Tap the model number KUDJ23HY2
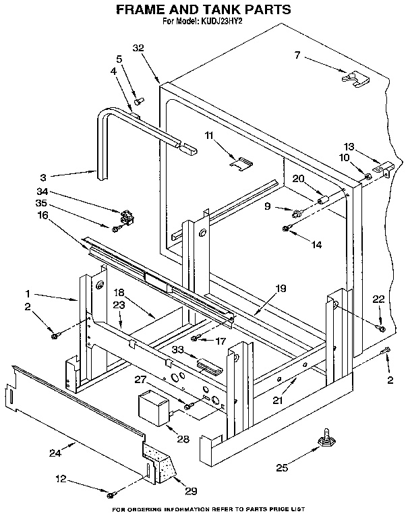pos(222,21)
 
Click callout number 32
pos(140,48)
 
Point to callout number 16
pos(42,214)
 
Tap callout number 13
pos(349,147)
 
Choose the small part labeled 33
pos(208,368)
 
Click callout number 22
pos(380,299)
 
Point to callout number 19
pos(281,289)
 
